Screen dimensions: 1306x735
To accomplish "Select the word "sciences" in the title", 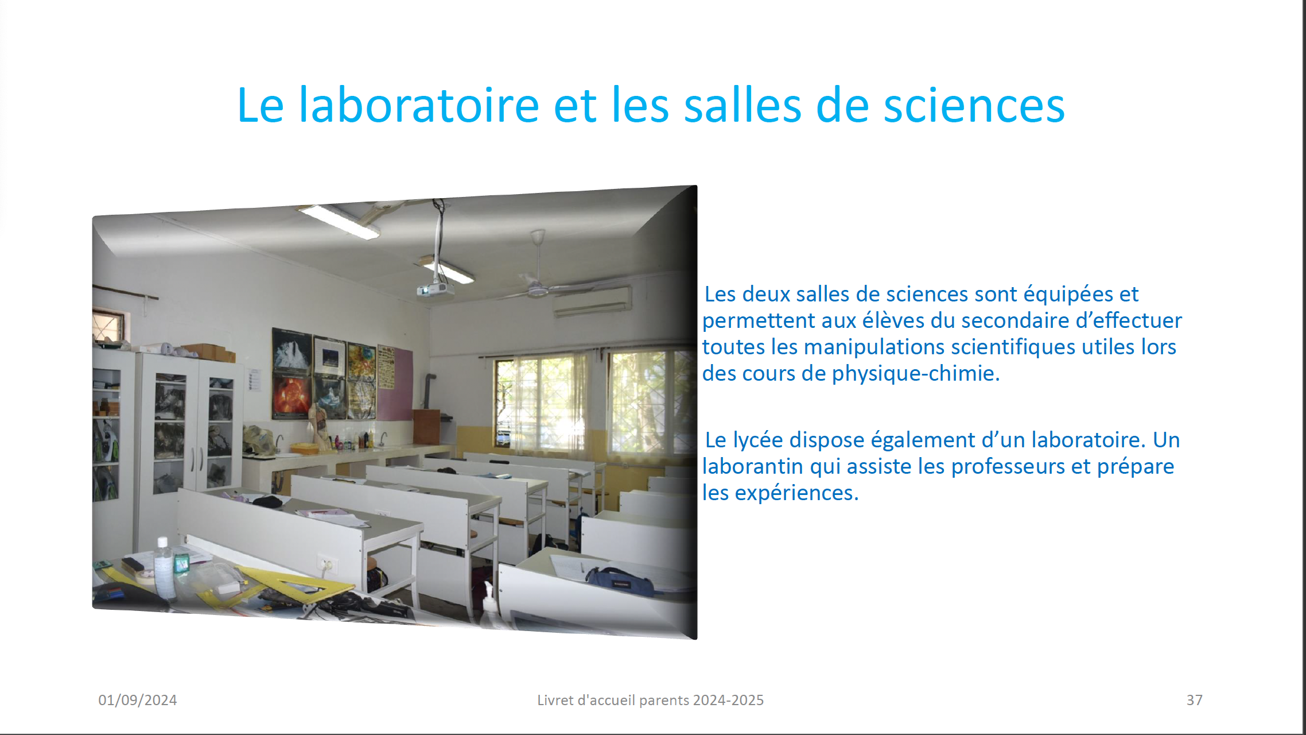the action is coord(974,106).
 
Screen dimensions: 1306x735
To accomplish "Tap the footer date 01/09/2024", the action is coord(138,700).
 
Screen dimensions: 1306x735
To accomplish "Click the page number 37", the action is coord(1195,700).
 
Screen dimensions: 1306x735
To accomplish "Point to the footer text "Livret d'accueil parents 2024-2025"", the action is coord(650,700).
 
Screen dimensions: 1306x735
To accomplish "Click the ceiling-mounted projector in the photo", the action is coord(436,290).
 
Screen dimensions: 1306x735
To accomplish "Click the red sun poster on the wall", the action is coord(291,396).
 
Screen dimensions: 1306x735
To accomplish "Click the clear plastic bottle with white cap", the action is coord(164,568).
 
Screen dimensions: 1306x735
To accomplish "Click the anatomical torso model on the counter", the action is coord(319,425).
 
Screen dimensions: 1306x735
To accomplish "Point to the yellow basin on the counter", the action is coord(304,448).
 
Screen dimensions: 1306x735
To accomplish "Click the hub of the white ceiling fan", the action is coord(538,291).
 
